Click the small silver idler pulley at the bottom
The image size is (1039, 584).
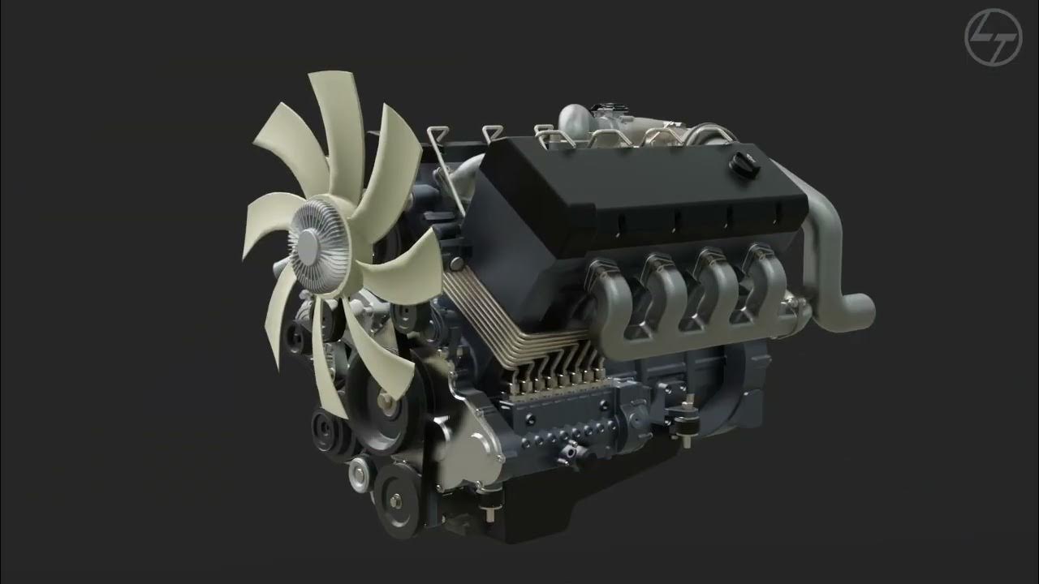(x=359, y=470)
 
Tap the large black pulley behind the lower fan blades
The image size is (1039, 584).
(x=382, y=410)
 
